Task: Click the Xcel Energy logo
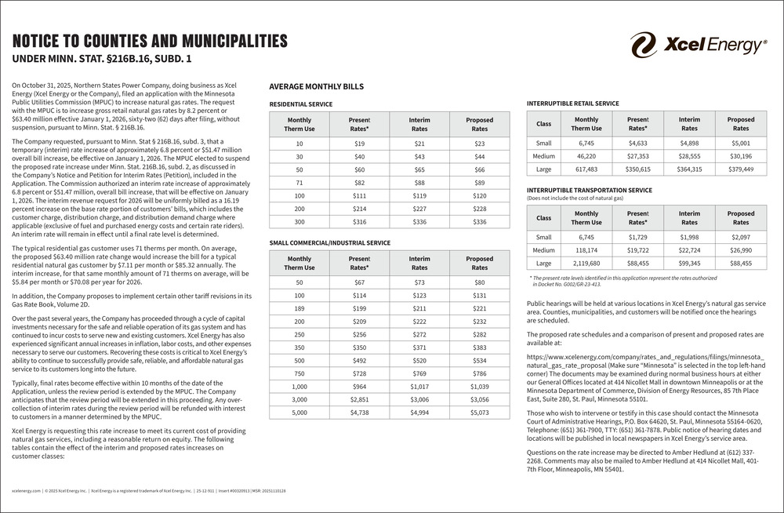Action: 698,45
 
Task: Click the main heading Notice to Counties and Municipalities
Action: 150,42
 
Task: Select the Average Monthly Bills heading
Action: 316,87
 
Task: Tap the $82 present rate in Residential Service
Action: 359,181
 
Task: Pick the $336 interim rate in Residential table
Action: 419,222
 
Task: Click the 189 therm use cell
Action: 299,309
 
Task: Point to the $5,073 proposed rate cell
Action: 479,412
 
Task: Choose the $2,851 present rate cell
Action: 359,398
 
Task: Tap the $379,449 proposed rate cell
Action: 740,169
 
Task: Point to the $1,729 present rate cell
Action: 638,236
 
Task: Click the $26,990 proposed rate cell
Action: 740,249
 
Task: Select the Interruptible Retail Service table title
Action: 574,103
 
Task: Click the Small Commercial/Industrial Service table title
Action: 329,242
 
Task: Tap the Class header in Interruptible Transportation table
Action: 543,217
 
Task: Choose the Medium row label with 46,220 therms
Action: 543,156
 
